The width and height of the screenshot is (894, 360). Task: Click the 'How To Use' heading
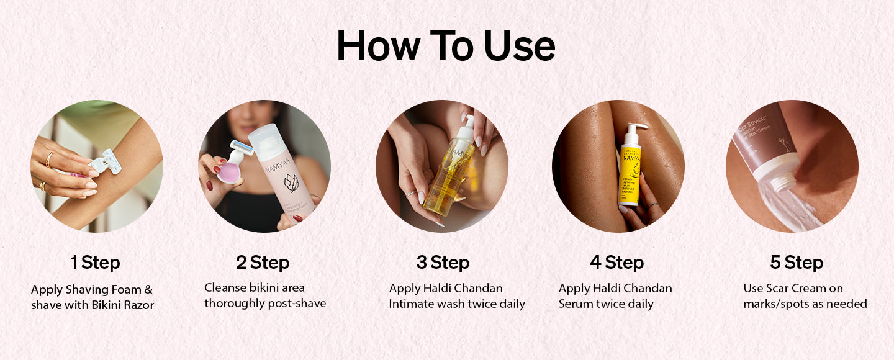click(446, 45)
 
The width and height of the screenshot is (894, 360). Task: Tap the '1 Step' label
click(95, 263)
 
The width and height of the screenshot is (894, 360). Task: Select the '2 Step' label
click(263, 263)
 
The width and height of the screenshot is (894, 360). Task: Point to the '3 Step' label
click(442, 263)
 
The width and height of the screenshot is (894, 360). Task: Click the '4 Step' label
click(616, 263)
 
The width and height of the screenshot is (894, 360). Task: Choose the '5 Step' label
click(797, 263)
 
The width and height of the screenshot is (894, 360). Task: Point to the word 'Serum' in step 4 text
click(576, 304)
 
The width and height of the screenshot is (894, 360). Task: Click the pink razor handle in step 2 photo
click(229, 168)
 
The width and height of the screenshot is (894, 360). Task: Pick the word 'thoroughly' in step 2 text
click(238, 304)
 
